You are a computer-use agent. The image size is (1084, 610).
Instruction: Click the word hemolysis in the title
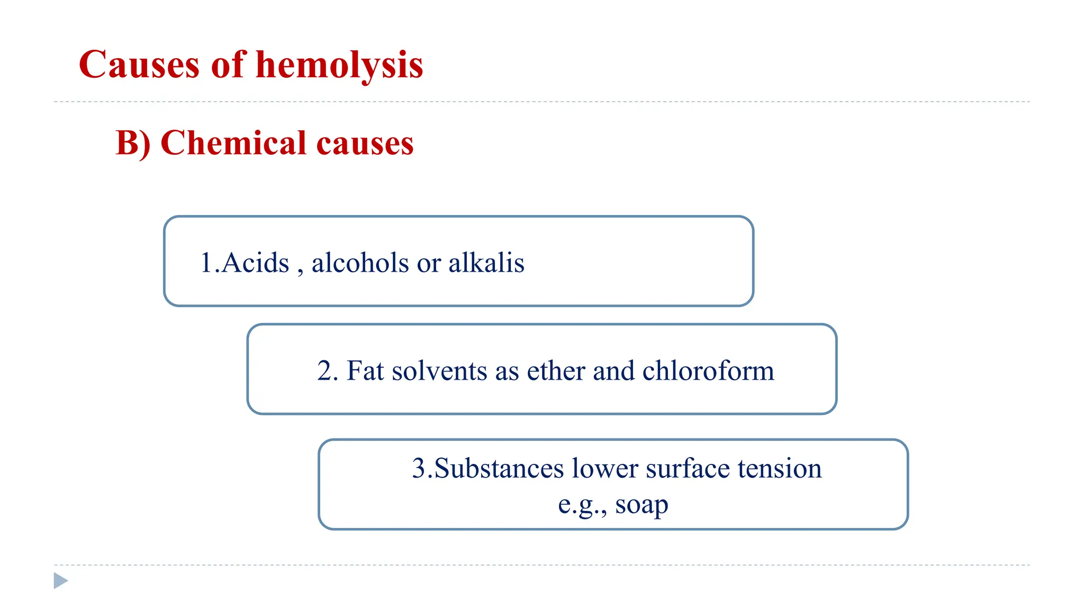pyautogui.click(x=339, y=65)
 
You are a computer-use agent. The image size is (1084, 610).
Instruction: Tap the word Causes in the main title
pyautogui.click(x=139, y=65)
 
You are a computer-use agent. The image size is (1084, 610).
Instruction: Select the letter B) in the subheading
pyautogui.click(x=133, y=143)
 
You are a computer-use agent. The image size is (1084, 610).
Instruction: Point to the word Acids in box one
pyautogui.click(x=255, y=263)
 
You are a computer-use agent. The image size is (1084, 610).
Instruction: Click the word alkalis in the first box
pyautogui.click(x=486, y=263)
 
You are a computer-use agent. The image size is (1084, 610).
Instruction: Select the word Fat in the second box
pyautogui.click(x=365, y=371)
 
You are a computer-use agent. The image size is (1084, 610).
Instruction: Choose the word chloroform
pyautogui.click(x=708, y=371)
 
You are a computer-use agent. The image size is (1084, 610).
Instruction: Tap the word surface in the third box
pyautogui.click(x=687, y=469)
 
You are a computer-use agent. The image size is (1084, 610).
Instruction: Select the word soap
pyautogui.click(x=642, y=505)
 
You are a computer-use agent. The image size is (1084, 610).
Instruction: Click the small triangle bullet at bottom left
pyautogui.click(x=61, y=581)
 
